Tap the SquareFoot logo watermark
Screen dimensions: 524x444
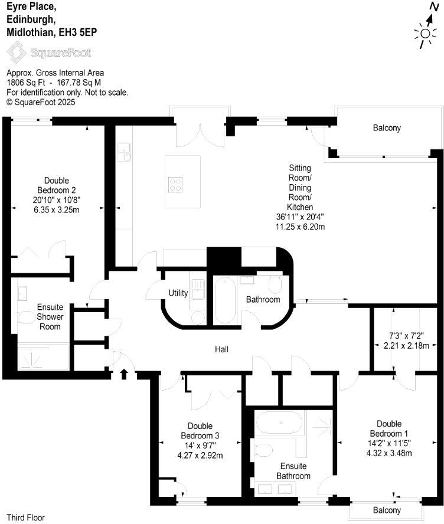click(x=48, y=53)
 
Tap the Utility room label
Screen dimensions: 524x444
click(x=178, y=293)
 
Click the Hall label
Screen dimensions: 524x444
click(x=221, y=349)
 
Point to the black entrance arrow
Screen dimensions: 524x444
click(x=124, y=374)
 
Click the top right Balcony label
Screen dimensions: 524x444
click(x=387, y=128)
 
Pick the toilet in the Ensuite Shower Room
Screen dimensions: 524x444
click(x=27, y=319)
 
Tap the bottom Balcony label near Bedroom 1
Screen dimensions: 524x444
click(x=387, y=510)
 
